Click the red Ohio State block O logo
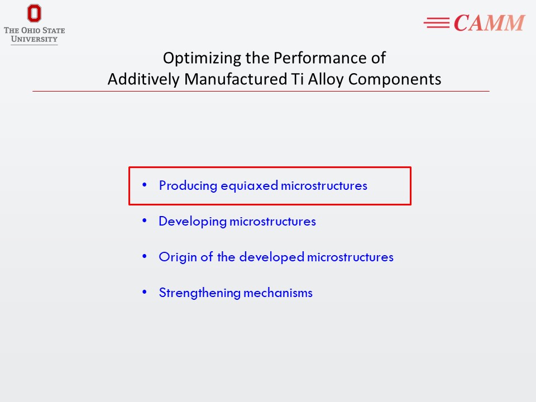34,13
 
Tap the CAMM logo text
489,23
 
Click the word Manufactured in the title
236,79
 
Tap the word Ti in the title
298,79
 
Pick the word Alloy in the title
327,80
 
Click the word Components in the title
395,80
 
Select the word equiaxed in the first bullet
249,186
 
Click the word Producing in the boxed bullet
188,186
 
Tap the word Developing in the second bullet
193,222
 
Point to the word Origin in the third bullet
178,257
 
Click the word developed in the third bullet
272,257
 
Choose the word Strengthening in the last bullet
200,293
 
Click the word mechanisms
278,293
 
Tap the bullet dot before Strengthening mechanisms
145,292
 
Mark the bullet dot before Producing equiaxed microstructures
145,185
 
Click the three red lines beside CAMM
437,23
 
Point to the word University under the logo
34,39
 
